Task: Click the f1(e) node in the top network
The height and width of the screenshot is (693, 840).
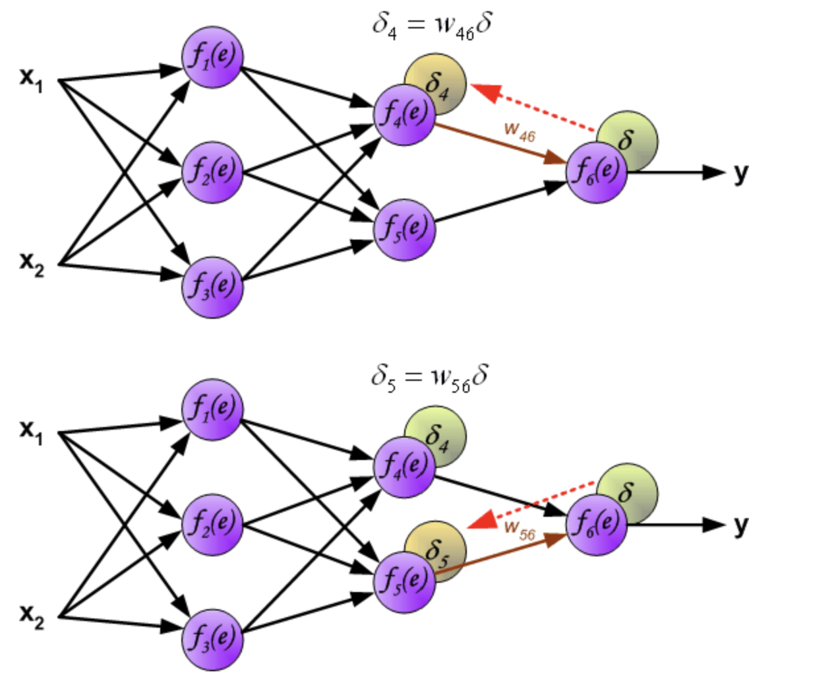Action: (212, 57)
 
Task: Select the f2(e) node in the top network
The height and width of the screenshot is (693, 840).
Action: (212, 172)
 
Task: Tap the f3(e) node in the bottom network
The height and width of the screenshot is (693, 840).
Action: (212, 640)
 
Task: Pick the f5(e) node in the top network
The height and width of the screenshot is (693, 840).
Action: (405, 229)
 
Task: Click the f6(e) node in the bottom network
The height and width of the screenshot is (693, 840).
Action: (596, 525)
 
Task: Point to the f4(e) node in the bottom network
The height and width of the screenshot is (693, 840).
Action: (405, 467)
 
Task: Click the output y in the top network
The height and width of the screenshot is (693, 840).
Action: (741, 173)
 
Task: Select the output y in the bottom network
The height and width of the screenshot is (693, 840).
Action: (741, 525)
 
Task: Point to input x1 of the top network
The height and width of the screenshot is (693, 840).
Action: (31, 79)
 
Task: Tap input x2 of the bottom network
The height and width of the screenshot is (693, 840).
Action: (31, 616)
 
